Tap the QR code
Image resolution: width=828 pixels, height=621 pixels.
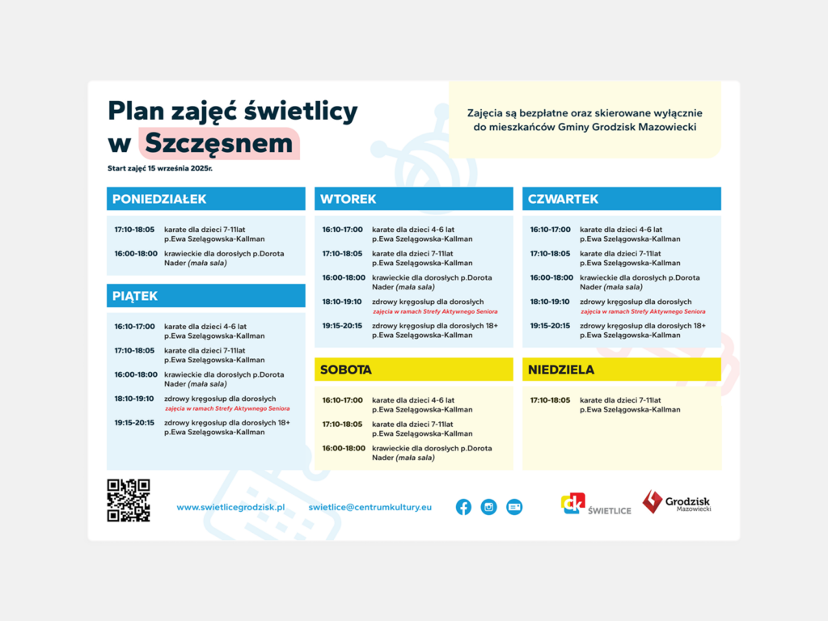coord(129,500)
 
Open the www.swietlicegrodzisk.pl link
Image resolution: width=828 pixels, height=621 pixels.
coord(230,507)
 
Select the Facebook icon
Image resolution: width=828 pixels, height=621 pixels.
coord(463,507)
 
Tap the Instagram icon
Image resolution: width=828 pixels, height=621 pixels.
coord(488,507)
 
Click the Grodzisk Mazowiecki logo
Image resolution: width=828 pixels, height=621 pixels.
coord(677,502)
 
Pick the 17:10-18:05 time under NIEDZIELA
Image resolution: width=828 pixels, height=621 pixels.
coord(550,400)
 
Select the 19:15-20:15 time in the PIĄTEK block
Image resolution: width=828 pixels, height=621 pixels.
coord(134,422)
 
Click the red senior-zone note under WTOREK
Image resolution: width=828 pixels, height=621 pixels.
coord(435,311)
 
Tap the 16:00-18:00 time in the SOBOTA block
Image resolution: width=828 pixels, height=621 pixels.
coord(342,448)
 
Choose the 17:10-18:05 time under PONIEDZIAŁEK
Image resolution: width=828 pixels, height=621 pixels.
coord(134,230)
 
